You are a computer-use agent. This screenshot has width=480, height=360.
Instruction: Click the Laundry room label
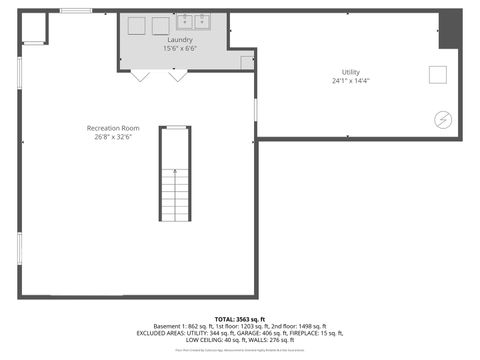[180, 40]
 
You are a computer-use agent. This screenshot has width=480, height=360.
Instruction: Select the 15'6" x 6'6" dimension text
[180, 48]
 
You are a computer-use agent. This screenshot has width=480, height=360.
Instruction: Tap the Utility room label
[351, 72]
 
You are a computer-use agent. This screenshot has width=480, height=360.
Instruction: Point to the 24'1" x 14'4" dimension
[351, 80]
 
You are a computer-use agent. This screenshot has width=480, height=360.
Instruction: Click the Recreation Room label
[112, 128]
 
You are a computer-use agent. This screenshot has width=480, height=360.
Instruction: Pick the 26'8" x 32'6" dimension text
[112, 137]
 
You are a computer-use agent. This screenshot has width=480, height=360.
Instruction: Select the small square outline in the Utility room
[437, 73]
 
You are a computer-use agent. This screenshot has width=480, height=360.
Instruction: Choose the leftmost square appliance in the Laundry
[137, 26]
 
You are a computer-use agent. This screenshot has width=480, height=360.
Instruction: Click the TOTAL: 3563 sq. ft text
[240, 318]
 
